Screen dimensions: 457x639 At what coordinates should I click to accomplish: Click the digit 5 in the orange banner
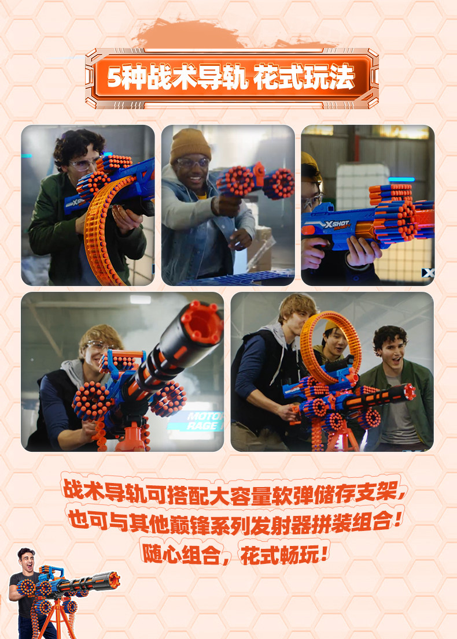pyautogui.click(x=115, y=77)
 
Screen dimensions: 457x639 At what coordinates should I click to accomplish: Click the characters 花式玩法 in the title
pyautogui.click(x=304, y=77)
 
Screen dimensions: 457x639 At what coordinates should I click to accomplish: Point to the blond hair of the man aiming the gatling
pyautogui.click(x=101, y=336)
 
